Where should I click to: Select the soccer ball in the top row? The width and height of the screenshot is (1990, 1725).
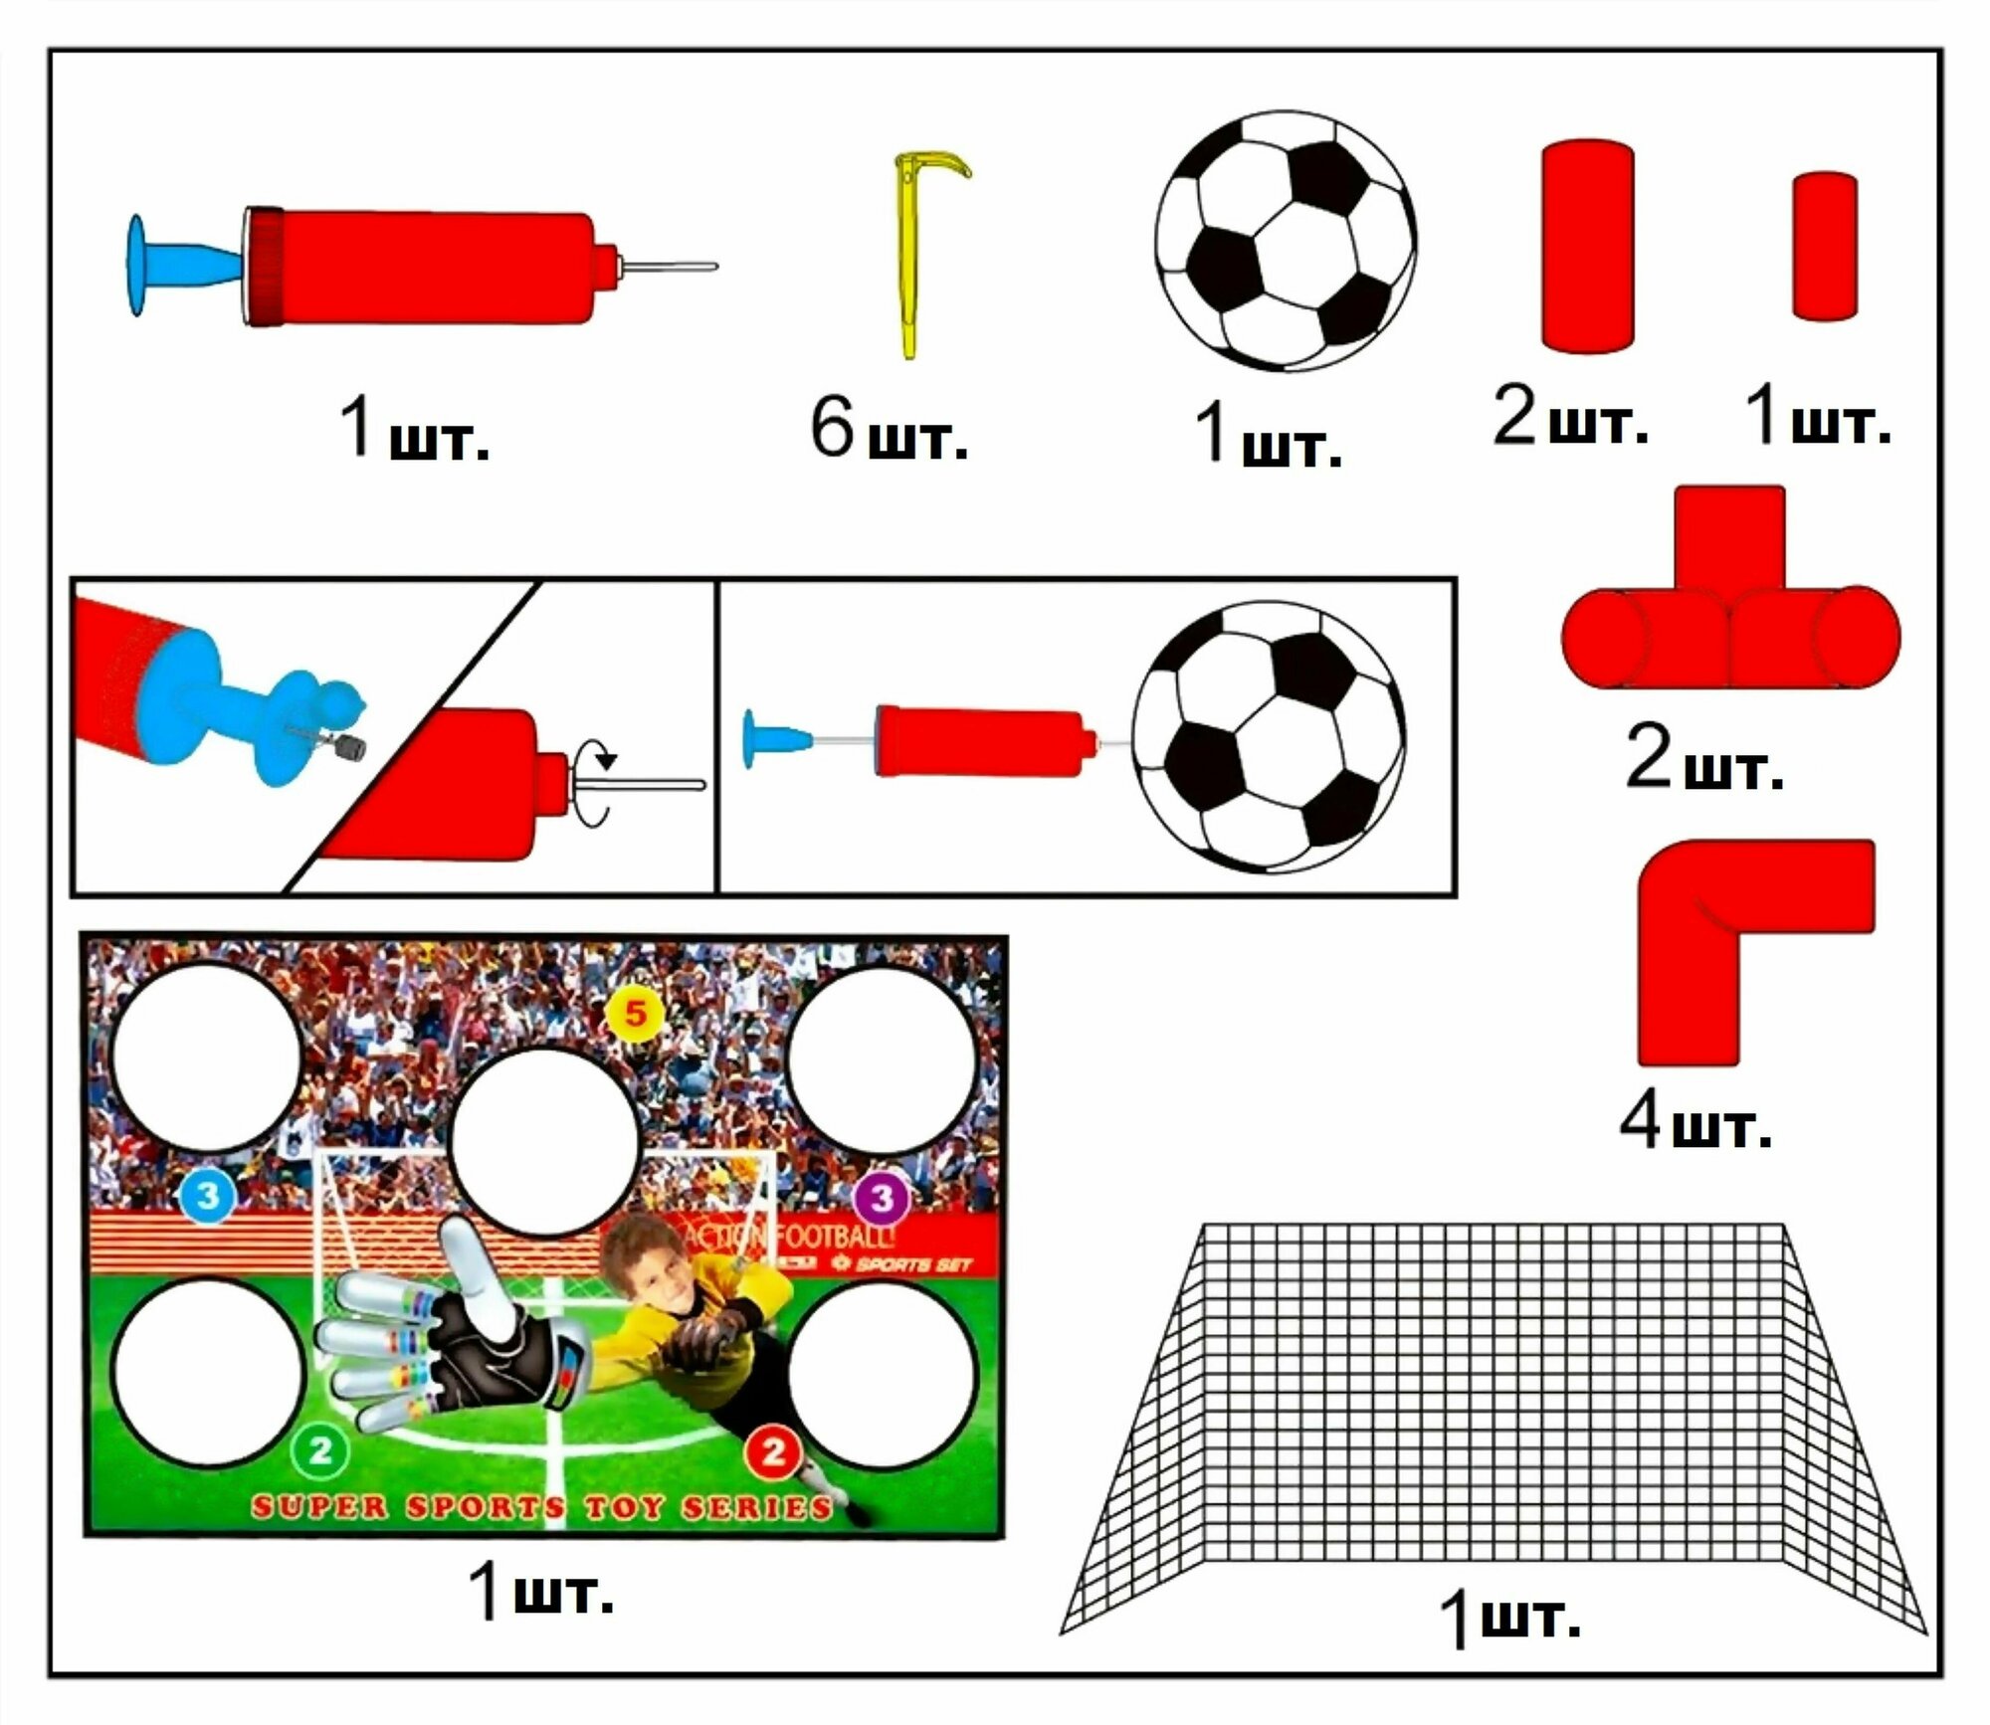[1286, 242]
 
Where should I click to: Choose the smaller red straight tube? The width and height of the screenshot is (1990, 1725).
[1825, 246]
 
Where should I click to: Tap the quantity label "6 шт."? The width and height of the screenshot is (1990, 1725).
[888, 430]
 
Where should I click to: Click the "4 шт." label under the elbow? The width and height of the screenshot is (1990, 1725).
[1695, 1121]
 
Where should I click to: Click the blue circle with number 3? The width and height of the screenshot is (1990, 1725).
[207, 1195]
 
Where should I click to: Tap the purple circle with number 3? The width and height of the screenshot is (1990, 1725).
[882, 1198]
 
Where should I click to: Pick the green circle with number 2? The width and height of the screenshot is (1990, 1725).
[320, 1451]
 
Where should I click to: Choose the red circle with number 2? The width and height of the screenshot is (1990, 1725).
[773, 1453]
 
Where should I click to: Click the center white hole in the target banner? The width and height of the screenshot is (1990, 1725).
[543, 1141]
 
